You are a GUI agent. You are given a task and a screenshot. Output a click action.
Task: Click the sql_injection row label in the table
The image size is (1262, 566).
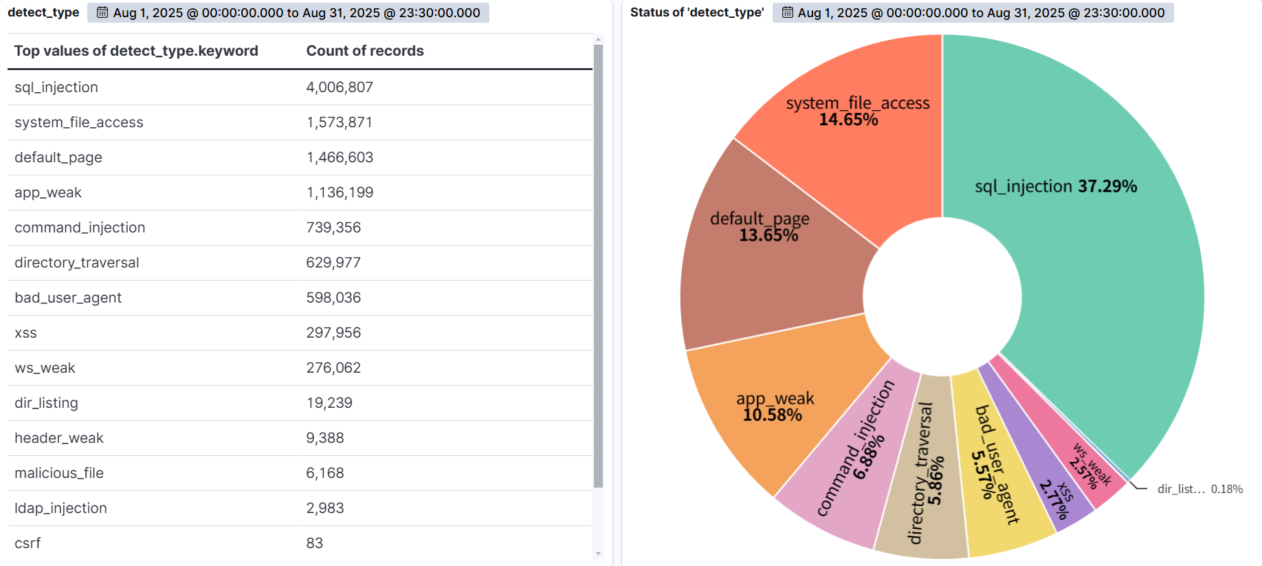tap(56, 87)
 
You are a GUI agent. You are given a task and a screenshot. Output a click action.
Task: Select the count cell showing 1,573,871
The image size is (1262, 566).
tap(340, 122)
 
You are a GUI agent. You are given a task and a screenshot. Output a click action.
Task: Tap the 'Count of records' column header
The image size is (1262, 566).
tap(365, 51)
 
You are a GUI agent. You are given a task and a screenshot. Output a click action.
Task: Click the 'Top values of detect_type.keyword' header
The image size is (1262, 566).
tap(136, 51)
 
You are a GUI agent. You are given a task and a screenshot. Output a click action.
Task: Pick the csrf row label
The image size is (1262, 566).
tap(27, 543)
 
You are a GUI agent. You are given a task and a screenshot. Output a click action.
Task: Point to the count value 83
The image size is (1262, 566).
tap(315, 543)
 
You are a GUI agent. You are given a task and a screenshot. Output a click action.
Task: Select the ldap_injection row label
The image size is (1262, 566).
tap(60, 508)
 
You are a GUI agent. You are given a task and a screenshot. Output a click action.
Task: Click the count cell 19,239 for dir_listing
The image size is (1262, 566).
tap(329, 403)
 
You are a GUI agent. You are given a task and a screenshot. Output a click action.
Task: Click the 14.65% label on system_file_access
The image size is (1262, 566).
tap(848, 120)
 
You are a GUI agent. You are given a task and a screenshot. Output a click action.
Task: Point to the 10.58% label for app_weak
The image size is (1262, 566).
tap(773, 415)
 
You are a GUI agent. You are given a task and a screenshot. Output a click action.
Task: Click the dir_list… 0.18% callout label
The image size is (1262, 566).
tap(1199, 489)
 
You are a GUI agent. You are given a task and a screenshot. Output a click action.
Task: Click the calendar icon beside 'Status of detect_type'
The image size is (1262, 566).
tap(788, 12)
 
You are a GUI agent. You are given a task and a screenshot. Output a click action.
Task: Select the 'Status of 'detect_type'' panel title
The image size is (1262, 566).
tap(697, 12)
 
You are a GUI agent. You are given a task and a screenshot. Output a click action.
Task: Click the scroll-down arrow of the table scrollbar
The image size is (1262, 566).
tap(598, 553)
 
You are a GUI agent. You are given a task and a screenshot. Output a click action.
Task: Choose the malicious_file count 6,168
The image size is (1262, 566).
tap(325, 473)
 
